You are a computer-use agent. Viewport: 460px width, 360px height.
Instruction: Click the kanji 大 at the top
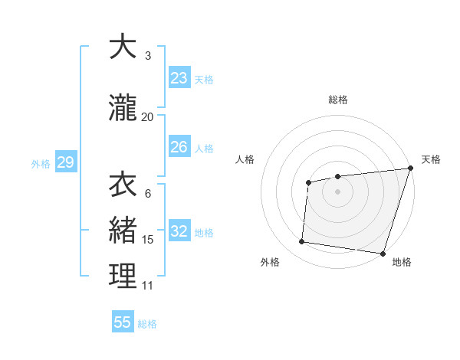tap(123, 47)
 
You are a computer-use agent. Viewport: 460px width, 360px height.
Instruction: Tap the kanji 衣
tap(123, 185)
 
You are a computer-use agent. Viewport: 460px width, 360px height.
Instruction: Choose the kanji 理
tap(123, 277)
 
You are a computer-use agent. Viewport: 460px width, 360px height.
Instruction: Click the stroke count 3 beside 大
tap(148, 56)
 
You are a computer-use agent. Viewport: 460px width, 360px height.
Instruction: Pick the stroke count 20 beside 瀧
tap(148, 116)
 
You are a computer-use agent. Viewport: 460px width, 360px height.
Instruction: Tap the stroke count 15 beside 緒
tap(148, 240)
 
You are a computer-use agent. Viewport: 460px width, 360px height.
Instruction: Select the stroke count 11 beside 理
tap(148, 286)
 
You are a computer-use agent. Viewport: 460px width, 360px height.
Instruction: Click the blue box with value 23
tap(179, 78)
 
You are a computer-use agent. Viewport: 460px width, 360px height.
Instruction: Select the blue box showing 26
tap(179, 147)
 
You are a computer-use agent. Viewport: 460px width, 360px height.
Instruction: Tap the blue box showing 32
tap(179, 232)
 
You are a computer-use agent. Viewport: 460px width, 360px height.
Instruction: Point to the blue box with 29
tap(65, 162)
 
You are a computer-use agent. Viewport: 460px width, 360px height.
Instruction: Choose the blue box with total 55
tap(123, 322)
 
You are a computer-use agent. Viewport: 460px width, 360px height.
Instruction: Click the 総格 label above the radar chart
tap(338, 100)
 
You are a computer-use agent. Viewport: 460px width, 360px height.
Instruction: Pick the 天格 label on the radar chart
tap(431, 159)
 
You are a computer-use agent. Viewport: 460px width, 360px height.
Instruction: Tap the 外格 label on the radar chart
tap(270, 262)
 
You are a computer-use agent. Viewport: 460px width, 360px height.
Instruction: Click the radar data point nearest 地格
tap(383, 254)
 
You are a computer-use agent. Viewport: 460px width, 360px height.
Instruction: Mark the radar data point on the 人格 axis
tap(308, 182)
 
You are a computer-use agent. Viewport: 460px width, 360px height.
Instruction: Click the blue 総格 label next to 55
tap(147, 324)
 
